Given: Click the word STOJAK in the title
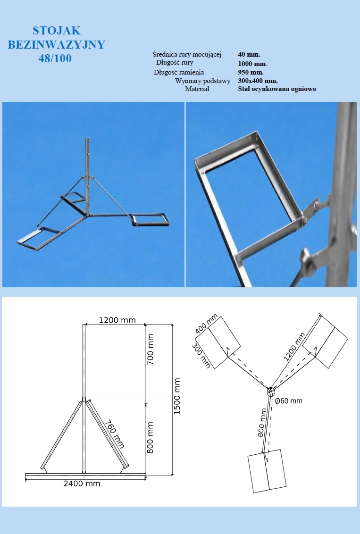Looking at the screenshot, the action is coord(57,31).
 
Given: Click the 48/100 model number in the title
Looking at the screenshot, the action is coord(55,58).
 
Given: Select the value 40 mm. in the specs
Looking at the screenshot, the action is coord(249,54).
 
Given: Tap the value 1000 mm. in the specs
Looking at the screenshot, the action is coord(253,64).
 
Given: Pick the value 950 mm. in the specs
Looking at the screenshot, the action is coord(251,72).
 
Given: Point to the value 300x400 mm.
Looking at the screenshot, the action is coord(258,81).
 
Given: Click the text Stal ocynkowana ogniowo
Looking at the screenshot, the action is coord(277,89).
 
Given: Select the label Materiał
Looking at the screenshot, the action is coord(197,89).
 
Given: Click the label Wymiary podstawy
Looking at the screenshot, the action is coord(203,81).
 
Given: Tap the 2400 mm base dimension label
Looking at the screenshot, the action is coord(82,484).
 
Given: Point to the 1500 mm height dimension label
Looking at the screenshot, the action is coord(177,396).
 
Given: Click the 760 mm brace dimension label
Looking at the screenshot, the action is coord(115,434).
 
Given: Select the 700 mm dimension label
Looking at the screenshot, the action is coord(150,349).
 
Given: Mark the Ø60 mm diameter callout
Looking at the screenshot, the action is coord(288,401).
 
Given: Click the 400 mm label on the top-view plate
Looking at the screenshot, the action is coord(207,324).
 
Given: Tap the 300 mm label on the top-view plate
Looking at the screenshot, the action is coord(201,356).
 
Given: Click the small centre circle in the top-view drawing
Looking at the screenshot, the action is coord(270,392).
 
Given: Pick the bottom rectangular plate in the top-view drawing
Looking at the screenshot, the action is coord(267,471).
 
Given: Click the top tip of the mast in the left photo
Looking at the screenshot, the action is coord(87,138).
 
